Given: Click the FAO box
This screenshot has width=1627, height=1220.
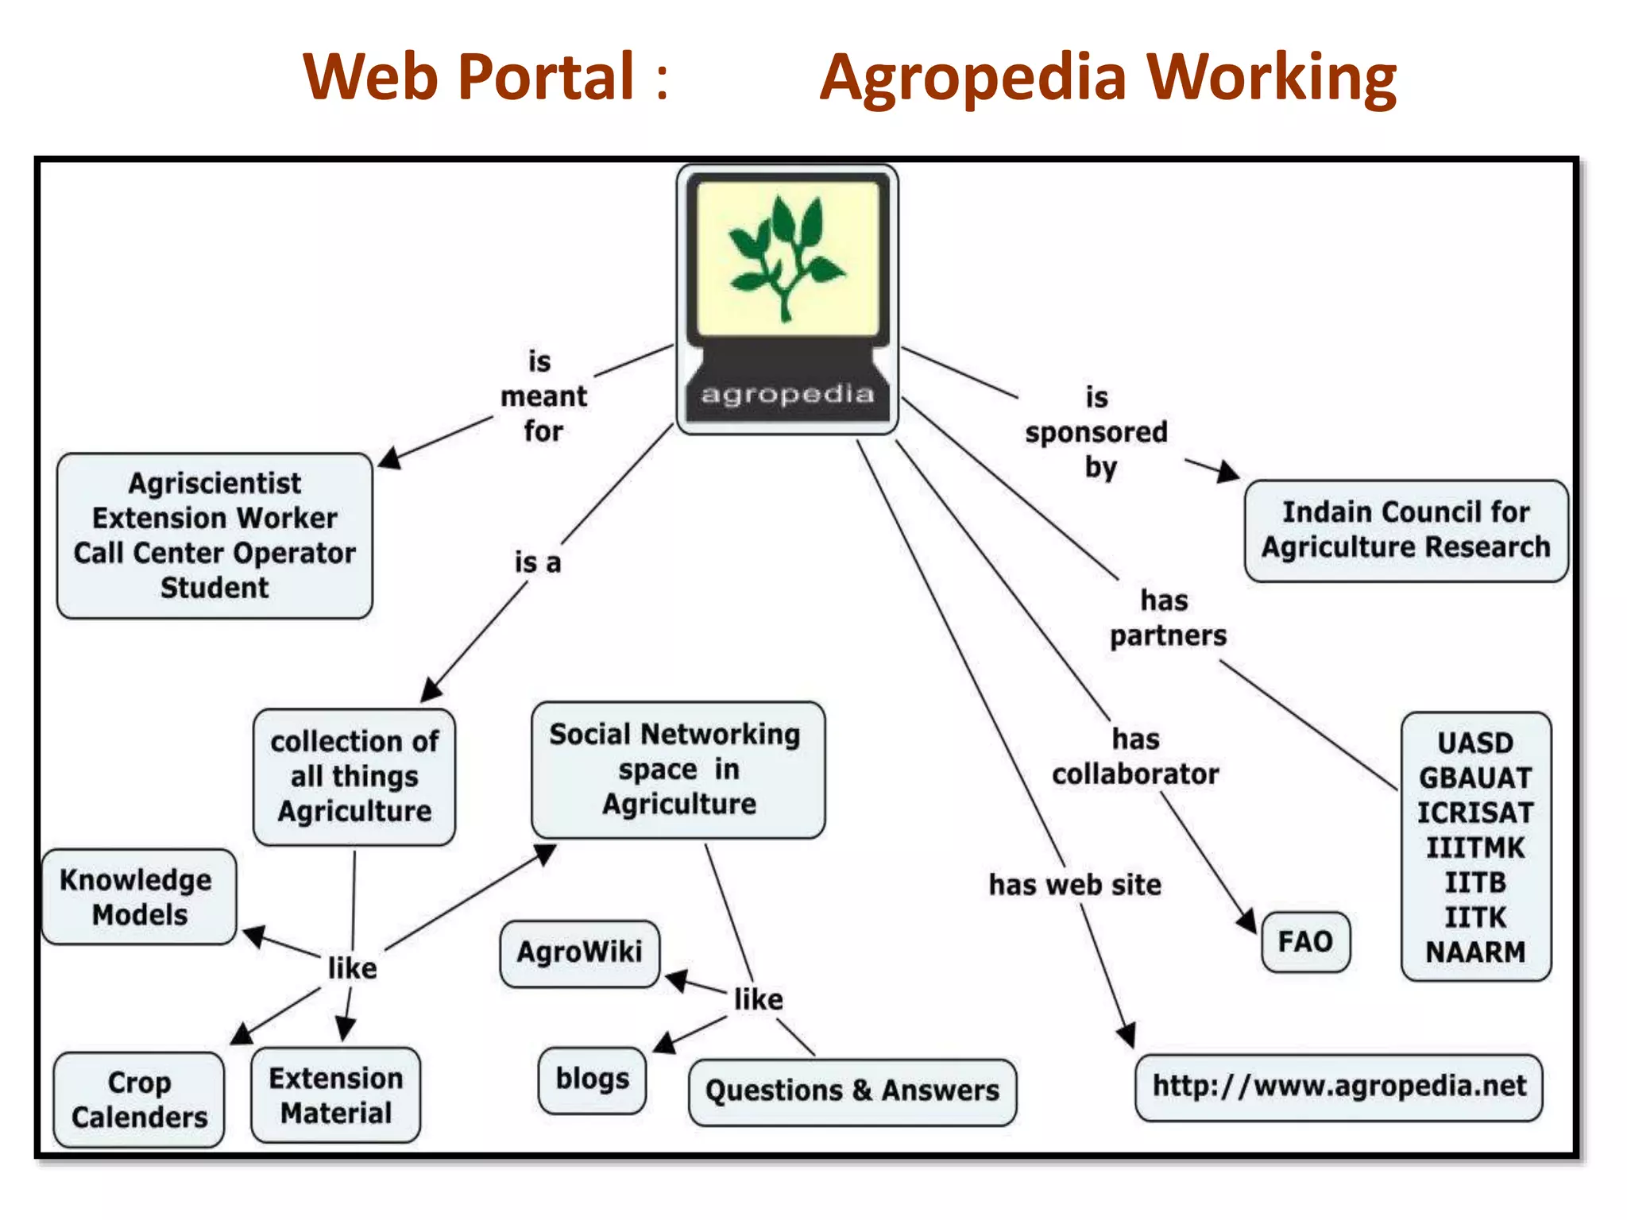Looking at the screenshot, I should [x=1305, y=942].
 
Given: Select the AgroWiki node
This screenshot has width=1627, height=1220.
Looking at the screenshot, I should [x=579, y=952].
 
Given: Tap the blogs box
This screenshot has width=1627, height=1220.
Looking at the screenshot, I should [x=592, y=1080].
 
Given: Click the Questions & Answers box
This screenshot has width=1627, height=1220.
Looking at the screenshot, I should [x=852, y=1091].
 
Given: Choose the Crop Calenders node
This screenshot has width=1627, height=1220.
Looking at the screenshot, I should [x=139, y=1100].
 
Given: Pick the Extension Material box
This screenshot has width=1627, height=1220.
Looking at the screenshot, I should [x=335, y=1095].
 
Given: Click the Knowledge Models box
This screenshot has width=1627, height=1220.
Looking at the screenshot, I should [x=138, y=897].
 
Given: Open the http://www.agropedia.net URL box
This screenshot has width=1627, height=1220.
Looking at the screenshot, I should [x=1339, y=1087].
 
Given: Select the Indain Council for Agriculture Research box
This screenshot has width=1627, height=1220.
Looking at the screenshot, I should [x=1405, y=530].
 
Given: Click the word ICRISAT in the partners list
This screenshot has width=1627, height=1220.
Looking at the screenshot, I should [x=1475, y=813].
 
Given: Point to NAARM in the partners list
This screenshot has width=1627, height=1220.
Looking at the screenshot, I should [x=1475, y=952].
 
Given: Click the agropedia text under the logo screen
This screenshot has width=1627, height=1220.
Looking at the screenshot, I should [x=786, y=394].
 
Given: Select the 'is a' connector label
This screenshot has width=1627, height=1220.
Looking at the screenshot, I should [x=538, y=563].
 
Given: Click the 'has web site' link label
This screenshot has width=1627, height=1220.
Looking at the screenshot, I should [x=1075, y=885].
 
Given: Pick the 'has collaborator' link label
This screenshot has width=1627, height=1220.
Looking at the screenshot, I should [x=1135, y=757].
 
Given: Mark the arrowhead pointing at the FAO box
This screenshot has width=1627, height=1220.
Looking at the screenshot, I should [x=1246, y=921].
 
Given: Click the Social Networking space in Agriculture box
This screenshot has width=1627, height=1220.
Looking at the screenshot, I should [x=678, y=769].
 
